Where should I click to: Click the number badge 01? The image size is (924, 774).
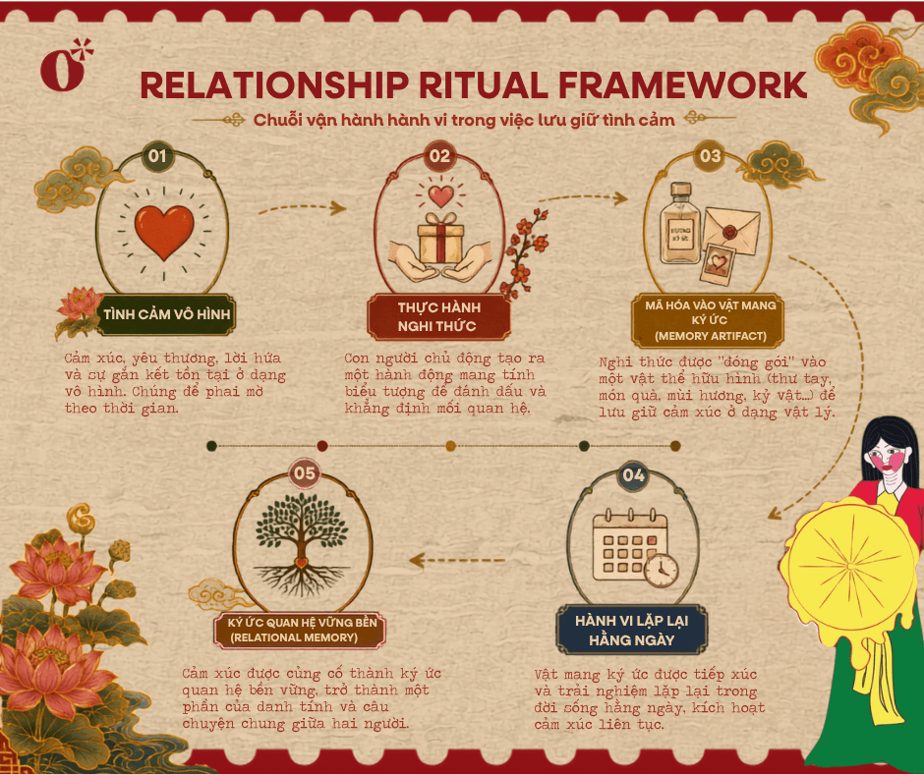tap(157, 156)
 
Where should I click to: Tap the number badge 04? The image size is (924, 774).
tap(633, 476)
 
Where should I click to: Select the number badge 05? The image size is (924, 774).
tap(305, 473)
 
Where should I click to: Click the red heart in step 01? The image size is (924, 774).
tap(164, 232)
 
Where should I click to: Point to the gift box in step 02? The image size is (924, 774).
tap(440, 238)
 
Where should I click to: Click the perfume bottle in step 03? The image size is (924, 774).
tap(680, 223)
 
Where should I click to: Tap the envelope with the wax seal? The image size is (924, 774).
tap(731, 230)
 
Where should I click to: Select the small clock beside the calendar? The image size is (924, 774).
tap(662, 571)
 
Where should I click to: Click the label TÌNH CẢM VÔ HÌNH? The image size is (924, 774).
tap(166, 314)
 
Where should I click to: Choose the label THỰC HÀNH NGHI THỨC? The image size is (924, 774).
tap(438, 317)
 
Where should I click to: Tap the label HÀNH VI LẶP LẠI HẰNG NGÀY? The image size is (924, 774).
tap(631, 630)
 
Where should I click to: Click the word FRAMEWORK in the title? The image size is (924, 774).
tap(682, 85)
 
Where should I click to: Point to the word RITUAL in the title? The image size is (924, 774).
tap(484, 85)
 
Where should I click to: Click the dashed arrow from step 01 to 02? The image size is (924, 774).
tap(302, 208)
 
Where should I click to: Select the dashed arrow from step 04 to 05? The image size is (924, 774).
tap(457, 560)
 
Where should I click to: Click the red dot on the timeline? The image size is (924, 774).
tap(322, 446)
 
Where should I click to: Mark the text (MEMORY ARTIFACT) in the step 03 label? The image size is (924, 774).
tap(711, 336)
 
